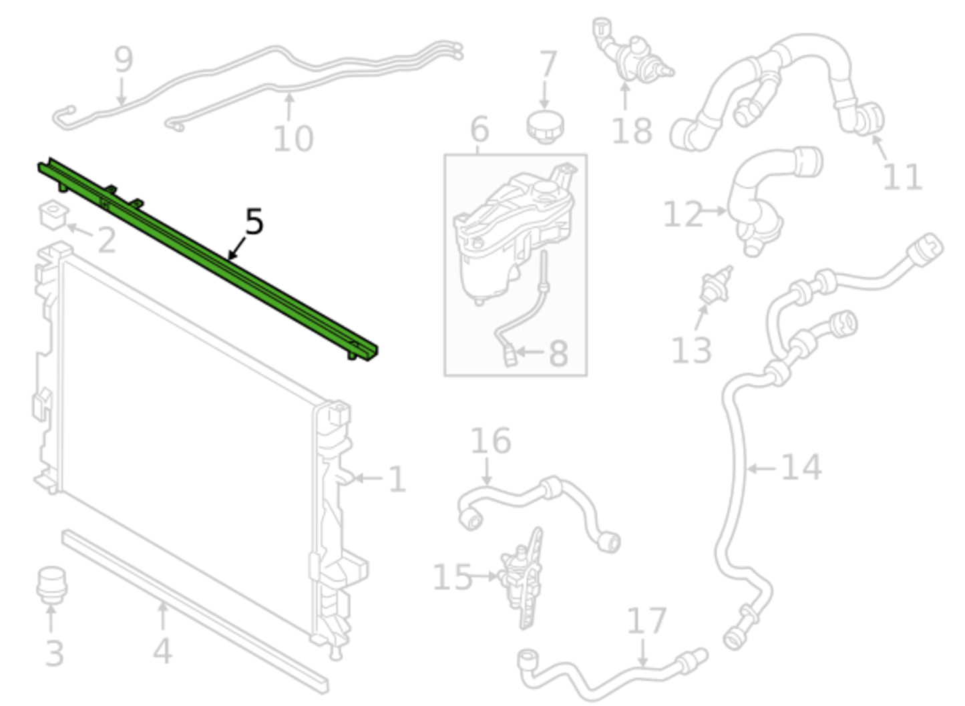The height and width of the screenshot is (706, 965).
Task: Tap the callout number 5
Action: (x=254, y=222)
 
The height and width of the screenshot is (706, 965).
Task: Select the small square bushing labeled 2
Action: (x=52, y=214)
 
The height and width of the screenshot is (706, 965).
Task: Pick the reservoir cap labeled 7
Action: (x=544, y=125)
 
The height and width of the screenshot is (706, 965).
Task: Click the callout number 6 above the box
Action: (x=479, y=130)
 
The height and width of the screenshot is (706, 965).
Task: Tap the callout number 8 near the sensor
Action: (x=558, y=353)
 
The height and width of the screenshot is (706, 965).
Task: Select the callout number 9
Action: (x=124, y=60)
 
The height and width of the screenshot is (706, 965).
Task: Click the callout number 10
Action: (x=293, y=139)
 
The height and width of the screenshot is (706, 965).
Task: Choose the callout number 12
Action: (x=683, y=215)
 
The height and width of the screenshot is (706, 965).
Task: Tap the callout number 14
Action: (x=801, y=467)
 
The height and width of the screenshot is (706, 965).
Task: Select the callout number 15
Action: (x=452, y=577)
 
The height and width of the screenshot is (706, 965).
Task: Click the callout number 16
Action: (x=491, y=442)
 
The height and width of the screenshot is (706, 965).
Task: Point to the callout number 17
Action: (x=646, y=621)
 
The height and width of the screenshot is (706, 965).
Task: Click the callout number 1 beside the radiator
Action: (x=397, y=480)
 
